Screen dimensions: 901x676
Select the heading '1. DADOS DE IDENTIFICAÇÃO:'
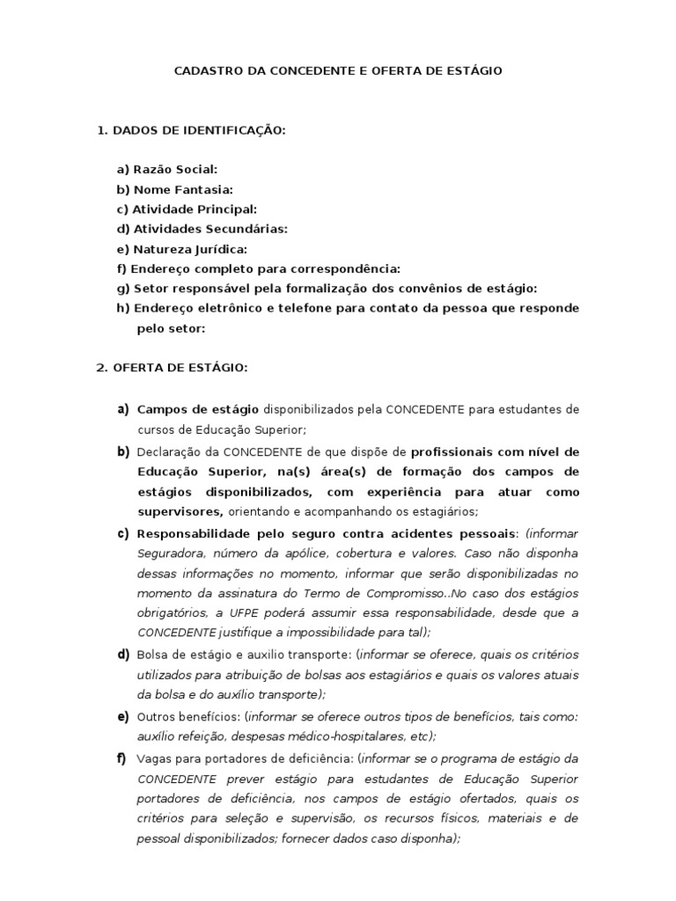(x=191, y=130)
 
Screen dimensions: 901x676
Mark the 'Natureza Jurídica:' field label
(x=181, y=249)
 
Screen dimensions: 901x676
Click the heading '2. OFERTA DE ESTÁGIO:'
(x=172, y=368)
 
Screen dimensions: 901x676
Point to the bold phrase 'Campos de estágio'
(x=198, y=409)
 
